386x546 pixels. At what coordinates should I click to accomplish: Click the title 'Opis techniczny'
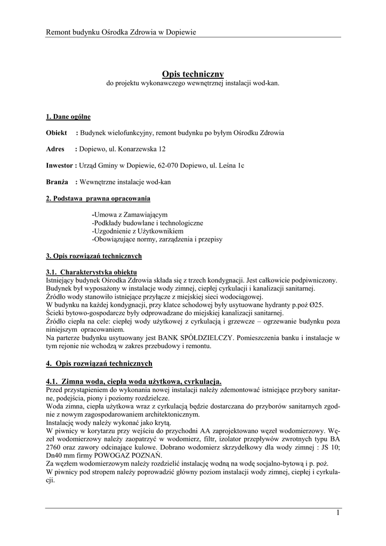point(192,74)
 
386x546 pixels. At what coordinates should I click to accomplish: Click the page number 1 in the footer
point(338,513)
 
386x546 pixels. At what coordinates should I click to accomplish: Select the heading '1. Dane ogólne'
point(68,116)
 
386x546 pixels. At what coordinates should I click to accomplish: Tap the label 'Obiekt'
point(57,133)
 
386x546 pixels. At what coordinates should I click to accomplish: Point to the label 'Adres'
point(55,149)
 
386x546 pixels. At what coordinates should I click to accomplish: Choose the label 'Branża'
point(57,182)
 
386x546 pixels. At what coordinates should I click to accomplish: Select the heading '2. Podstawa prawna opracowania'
point(98,198)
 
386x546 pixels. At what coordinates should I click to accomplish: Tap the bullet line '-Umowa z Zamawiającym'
point(130,214)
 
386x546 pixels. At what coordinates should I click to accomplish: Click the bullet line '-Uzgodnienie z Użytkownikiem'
point(138,231)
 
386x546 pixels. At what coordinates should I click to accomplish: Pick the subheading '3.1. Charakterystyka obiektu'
point(92,272)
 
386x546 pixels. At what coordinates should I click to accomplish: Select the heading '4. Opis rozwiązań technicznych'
point(99,364)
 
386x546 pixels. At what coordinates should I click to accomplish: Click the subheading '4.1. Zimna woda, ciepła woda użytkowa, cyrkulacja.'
point(134,382)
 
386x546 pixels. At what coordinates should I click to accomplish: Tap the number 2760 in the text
point(55,447)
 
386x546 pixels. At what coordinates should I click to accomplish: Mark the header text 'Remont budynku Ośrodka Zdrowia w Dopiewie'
point(121,33)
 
